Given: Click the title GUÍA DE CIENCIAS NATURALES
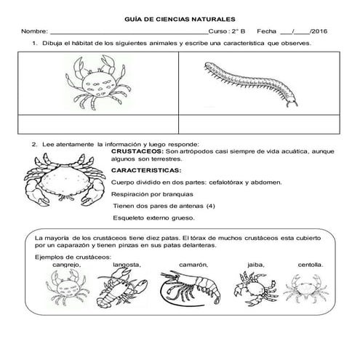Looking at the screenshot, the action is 180,20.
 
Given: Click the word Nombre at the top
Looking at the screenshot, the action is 34,33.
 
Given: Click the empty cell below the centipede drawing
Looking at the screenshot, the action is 255,124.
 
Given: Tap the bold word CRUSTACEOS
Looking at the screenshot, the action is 136,151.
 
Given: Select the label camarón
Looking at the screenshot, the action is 193,265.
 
